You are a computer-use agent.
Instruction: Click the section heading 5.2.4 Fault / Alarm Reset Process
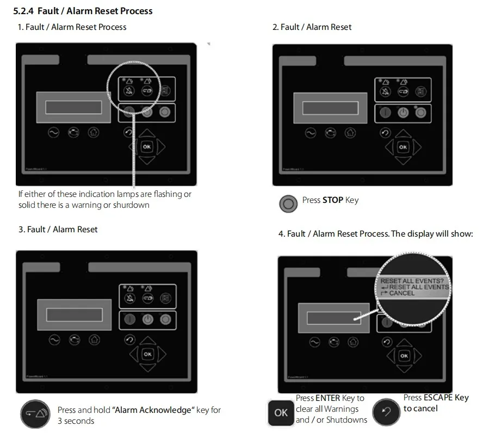[83, 11]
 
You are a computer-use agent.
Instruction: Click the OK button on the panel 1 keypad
[146, 146]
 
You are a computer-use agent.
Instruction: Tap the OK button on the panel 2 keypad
[403, 147]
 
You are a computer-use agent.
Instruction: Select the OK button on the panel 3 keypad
[147, 354]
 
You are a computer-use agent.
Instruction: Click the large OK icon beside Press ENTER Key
[281, 412]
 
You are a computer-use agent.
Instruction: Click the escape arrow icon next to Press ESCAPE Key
[387, 412]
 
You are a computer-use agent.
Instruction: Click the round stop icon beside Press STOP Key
[288, 204]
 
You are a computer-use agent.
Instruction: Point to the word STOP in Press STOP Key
[333, 200]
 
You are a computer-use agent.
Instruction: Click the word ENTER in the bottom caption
[327, 398]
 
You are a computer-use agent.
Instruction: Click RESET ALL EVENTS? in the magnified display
[412, 281]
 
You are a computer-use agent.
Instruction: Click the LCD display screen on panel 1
[77, 107]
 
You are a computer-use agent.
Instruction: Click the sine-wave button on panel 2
[310, 132]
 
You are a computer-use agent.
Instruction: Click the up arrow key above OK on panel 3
[147, 341]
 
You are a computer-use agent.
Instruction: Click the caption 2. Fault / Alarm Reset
[312, 27]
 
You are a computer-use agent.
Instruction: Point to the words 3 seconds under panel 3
[76, 421]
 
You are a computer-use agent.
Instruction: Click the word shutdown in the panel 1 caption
[133, 205]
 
